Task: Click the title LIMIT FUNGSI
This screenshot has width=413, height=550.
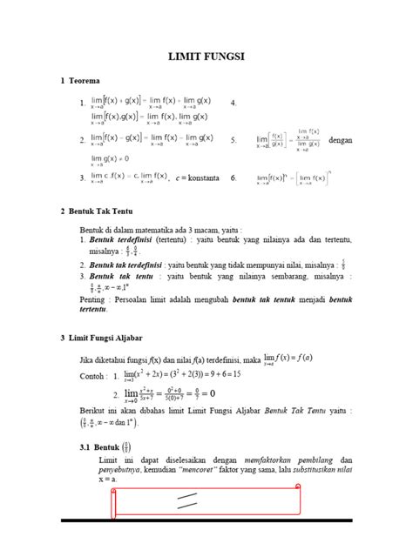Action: pos(206,57)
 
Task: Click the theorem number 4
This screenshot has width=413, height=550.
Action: pos(233,104)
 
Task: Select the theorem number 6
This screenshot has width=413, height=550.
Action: pos(233,178)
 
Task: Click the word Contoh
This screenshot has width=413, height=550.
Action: pos(89,376)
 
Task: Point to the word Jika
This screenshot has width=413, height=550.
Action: pos(86,359)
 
